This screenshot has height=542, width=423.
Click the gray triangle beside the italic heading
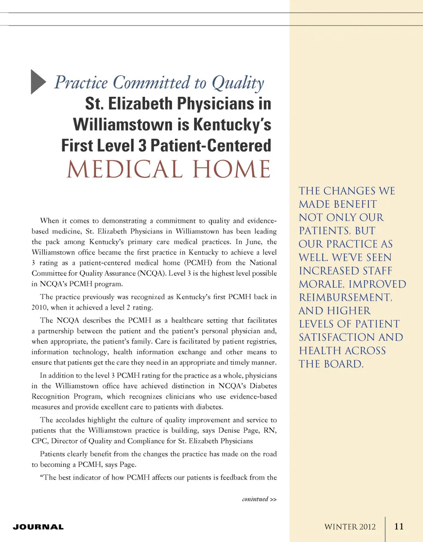(38, 82)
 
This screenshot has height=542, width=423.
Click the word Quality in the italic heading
(238, 83)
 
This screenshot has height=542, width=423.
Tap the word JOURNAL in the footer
(38, 527)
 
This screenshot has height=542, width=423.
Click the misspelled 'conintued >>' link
(260, 499)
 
